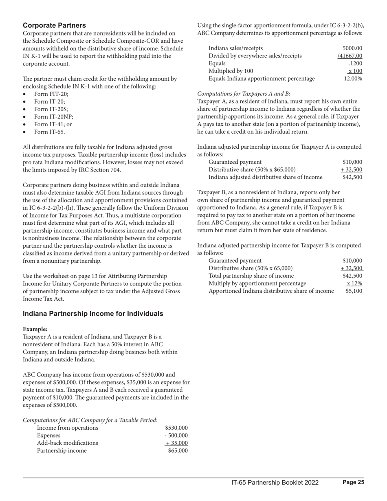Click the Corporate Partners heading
(x=54, y=25)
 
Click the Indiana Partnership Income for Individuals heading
(x=93, y=314)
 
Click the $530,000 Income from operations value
(x=176, y=428)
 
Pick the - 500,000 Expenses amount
(x=176, y=436)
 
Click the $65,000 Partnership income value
(x=178, y=451)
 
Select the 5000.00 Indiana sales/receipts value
(x=352, y=48)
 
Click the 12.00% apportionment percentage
(x=353, y=79)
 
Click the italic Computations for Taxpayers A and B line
(x=244, y=94)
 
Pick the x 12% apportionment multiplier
(x=354, y=283)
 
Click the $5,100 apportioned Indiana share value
(x=354, y=291)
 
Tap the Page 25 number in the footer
(x=353, y=482)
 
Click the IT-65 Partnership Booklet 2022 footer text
(x=275, y=483)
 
